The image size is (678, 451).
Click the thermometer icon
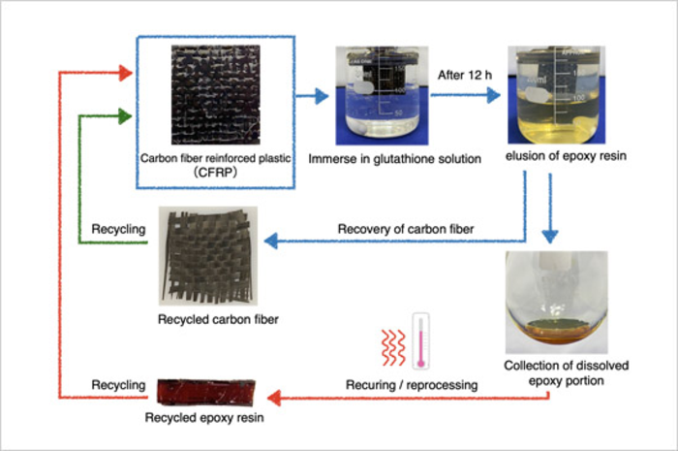coord(421,339)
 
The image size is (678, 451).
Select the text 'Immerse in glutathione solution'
coord(381,158)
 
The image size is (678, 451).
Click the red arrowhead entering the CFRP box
coord(124,72)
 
